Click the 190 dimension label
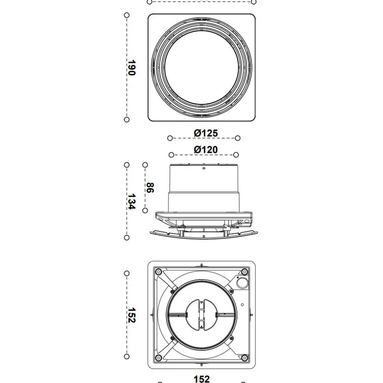click(x=131, y=68)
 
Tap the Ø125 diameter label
click(x=206, y=133)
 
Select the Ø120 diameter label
click(x=206, y=150)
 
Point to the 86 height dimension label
click(x=150, y=188)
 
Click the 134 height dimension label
click(x=131, y=201)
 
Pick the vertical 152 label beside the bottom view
click(x=131, y=315)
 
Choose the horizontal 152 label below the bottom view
click(x=202, y=379)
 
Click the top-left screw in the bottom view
click(x=158, y=272)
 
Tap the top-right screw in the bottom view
click(x=244, y=272)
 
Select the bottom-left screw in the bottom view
click(x=158, y=358)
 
